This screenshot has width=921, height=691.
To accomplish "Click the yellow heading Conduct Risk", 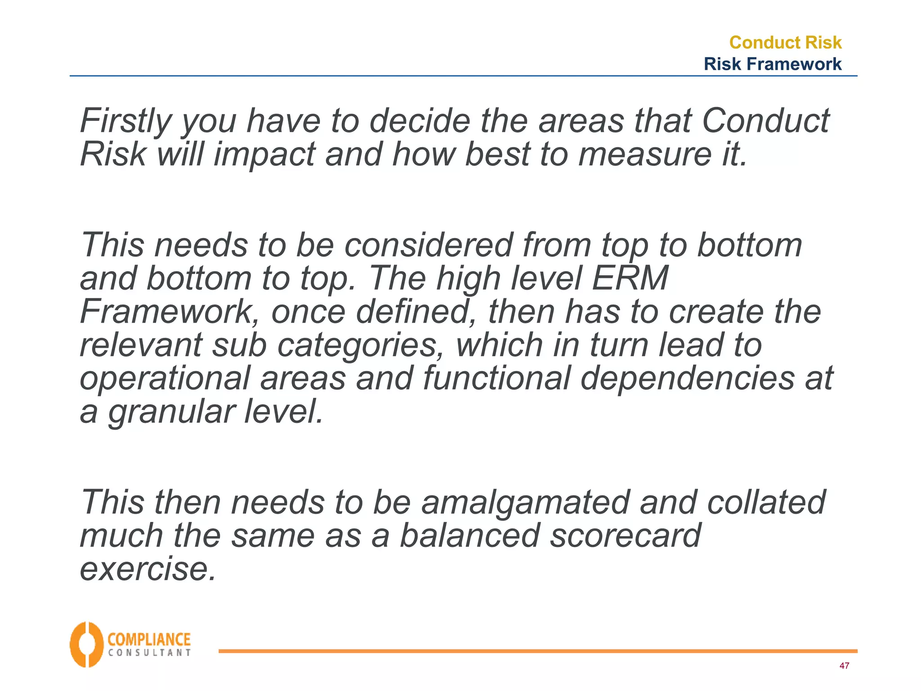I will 785,42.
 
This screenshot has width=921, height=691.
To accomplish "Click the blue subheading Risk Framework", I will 772,64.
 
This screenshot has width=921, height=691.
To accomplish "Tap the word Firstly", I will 125,121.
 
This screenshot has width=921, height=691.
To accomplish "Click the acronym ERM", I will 630,278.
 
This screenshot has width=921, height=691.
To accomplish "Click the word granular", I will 171,412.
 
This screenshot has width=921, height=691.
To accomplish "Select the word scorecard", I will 625,536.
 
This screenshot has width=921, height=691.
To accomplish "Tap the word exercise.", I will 148,569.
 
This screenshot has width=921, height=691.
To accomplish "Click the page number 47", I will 844,666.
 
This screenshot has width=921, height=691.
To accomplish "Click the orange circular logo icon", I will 86,645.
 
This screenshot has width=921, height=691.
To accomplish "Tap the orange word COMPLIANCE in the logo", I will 149,639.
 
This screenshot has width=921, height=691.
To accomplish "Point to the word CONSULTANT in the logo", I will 149,653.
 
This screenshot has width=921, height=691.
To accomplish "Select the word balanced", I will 469,536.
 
